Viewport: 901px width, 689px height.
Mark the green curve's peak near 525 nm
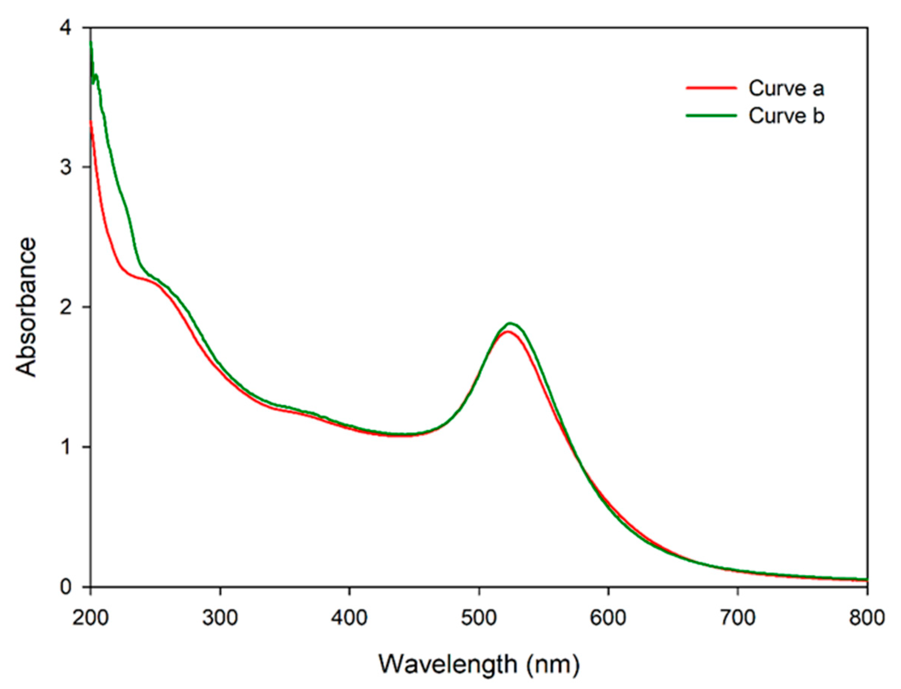click(x=510, y=323)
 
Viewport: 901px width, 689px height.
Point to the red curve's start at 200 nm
click(x=91, y=122)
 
